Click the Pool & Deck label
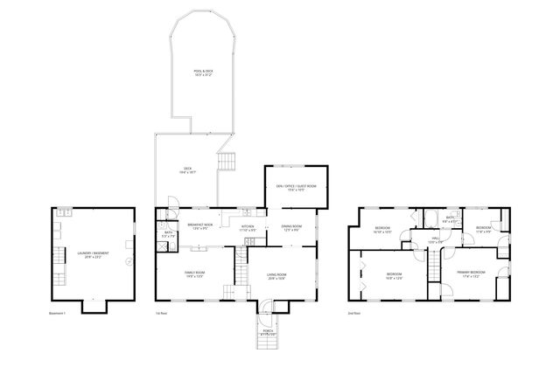tap(204, 73)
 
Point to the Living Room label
tap(276, 276)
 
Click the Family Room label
tap(193, 275)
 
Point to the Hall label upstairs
tap(435, 240)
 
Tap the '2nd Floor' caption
tap(354, 313)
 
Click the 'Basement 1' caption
tap(59, 313)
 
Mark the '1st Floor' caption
tap(160, 313)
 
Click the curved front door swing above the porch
tap(265, 306)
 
